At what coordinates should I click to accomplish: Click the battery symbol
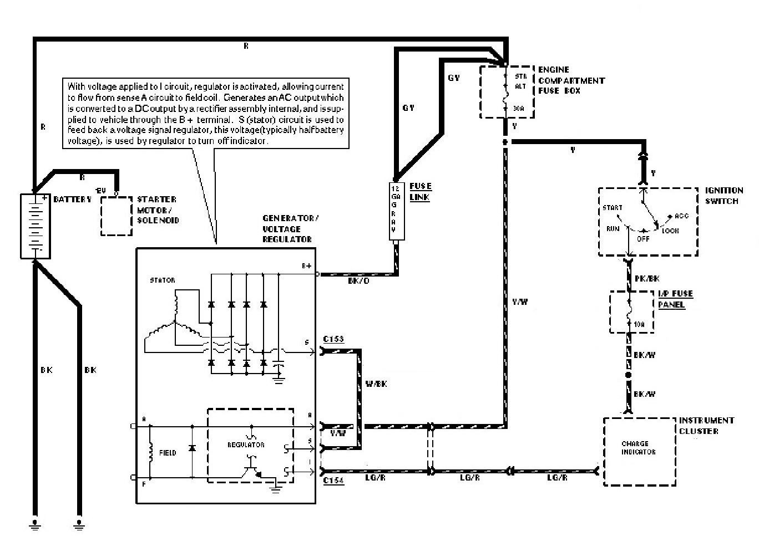tap(35, 226)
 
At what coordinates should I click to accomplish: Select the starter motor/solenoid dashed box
tap(117, 215)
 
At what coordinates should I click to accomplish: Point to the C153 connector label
tap(333, 339)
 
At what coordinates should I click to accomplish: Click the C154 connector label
tap(333, 481)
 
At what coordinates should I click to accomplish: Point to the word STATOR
tap(162, 280)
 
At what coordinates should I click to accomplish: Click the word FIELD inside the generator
tap(167, 453)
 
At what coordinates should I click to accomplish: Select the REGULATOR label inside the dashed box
tap(246, 444)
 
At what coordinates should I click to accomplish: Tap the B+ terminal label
tap(307, 266)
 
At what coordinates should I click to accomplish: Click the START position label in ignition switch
tap(612, 208)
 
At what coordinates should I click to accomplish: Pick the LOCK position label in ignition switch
tap(670, 231)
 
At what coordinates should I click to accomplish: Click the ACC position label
tap(681, 216)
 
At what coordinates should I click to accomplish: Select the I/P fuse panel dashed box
tap(631, 312)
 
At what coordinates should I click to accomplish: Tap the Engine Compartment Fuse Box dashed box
tap(507, 92)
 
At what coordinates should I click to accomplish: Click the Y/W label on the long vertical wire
tap(520, 301)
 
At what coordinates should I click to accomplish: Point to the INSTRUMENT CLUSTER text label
tap(706, 426)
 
